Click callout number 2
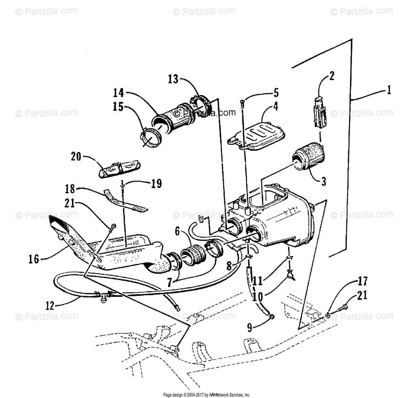(x=331, y=76)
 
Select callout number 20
(x=76, y=157)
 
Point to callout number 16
(x=34, y=259)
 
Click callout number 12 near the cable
(x=50, y=305)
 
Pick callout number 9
(x=250, y=327)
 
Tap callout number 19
(x=156, y=183)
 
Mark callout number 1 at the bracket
(x=388, y=91)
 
